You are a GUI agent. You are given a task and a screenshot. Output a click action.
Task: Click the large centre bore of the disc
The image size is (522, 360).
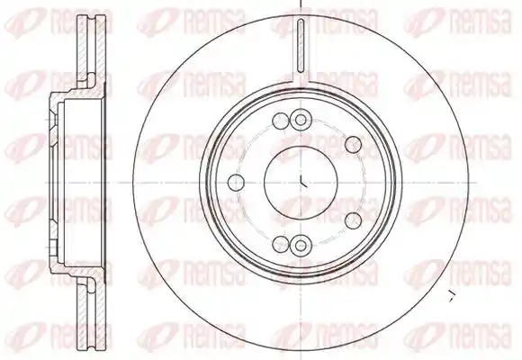click(301, 182)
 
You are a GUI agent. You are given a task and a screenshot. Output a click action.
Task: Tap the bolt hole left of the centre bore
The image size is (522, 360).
click(236, 182)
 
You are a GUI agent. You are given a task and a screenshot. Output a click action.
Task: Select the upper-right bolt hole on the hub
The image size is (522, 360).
click(353, 145)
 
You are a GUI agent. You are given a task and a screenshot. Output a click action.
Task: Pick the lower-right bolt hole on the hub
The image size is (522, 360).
click(353, 220)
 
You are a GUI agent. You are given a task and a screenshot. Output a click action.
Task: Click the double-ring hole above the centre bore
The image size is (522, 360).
click(301, 120)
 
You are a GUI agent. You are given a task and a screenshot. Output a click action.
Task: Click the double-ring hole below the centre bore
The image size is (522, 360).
click(301, 246)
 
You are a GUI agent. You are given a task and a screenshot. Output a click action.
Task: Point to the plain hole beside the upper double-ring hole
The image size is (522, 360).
click(280, 121)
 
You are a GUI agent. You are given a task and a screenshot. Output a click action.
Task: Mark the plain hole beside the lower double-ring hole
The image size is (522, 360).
click(280, 245)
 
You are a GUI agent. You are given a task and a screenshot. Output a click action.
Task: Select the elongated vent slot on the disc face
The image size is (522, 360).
click(301, 46)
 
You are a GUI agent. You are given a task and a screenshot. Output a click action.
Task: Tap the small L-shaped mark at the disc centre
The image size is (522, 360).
click(303, 182)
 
